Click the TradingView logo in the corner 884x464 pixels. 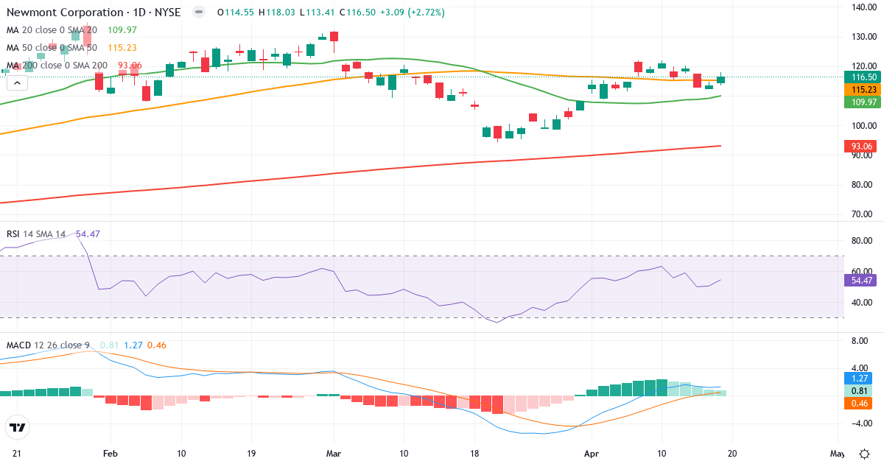pos(18,426)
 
